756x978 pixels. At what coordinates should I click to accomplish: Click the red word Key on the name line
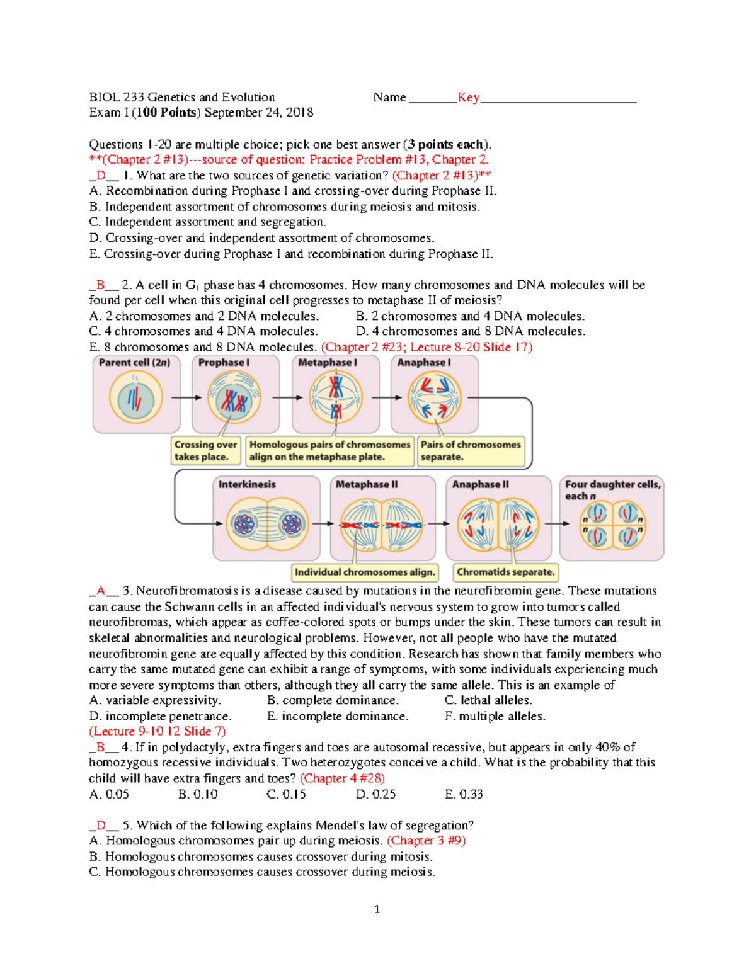(468, 97)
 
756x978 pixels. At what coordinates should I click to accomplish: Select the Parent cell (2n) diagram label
(134, 363)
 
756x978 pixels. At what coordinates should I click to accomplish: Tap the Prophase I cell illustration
(234, 399)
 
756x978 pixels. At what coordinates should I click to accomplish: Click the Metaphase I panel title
(327, 363)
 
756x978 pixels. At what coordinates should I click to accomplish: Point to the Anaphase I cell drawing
(434, 398)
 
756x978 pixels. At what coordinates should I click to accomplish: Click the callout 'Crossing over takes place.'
(206, 451)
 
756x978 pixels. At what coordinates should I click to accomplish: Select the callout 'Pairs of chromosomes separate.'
(471, 451)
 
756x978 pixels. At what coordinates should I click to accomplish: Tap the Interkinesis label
(247, 484)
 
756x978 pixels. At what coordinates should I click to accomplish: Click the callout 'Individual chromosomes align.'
(365, 572)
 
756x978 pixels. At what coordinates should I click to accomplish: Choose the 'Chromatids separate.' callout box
(506, 572)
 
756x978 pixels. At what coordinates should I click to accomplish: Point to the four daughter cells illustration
(612, 525)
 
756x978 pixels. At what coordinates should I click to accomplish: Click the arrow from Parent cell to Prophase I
(186, 398)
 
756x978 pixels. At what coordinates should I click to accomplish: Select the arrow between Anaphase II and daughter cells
(557, 524)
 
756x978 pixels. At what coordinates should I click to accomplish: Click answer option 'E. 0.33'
(464, 794)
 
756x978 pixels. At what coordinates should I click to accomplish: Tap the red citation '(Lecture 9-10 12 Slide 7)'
(157, 731)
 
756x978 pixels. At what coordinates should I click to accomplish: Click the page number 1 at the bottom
(377, 909)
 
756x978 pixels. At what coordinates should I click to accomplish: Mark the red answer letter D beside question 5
(101, 825)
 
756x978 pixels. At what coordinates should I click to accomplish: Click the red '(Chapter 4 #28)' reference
(342, 778)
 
